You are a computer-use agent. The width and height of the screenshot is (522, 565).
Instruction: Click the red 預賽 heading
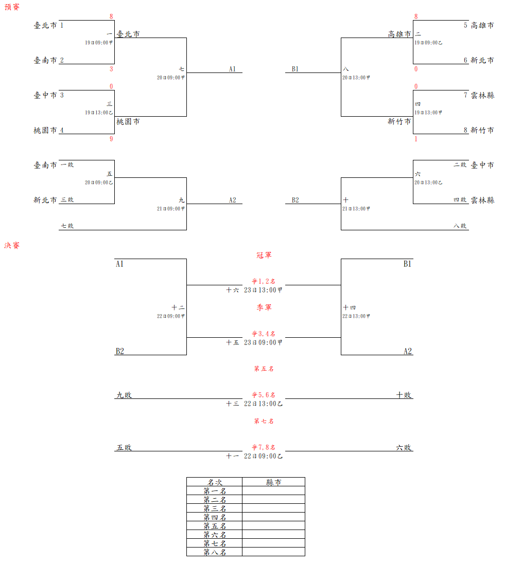(x=12, y=7)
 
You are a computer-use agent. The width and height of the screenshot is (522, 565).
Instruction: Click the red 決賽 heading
(x=12, y=246)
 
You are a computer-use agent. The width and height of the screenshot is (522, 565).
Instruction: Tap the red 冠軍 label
(x=264, y=255)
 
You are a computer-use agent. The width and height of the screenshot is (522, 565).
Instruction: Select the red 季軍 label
(x=264, y=307)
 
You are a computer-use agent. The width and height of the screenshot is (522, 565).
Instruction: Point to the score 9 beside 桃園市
(x=111, y=139)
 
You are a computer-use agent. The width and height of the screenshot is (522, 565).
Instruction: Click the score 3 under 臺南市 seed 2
(x=111, y=69)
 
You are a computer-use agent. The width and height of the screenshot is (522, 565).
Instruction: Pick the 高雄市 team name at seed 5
(x=482, y=25)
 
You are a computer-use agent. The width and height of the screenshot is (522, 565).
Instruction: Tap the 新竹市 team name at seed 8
(x=482, y=130)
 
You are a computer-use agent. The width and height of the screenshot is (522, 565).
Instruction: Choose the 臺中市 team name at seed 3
(x=45, y=95)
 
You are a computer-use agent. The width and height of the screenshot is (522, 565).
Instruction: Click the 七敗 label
(x=67, y=226)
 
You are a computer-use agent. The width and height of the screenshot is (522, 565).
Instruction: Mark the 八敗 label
(x=460, y=226)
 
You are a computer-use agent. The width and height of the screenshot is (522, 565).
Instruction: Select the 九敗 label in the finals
(x=124, y=395)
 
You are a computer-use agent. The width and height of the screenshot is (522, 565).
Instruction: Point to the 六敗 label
(x=404, y=447)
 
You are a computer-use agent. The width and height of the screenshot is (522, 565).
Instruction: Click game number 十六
(x=232, y=290)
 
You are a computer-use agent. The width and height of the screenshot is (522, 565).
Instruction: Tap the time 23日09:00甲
(x=263, y=342)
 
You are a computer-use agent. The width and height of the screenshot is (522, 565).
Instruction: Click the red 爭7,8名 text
(x=264, y=447)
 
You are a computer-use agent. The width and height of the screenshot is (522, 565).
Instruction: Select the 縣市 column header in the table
(x=273, y=482)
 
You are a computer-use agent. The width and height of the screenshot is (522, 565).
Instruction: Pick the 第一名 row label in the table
(x=215, y=491)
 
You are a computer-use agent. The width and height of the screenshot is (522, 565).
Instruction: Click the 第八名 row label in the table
(x=215, y=552)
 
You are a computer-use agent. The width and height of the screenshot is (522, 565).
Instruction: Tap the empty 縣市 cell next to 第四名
(x=273, y=517)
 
